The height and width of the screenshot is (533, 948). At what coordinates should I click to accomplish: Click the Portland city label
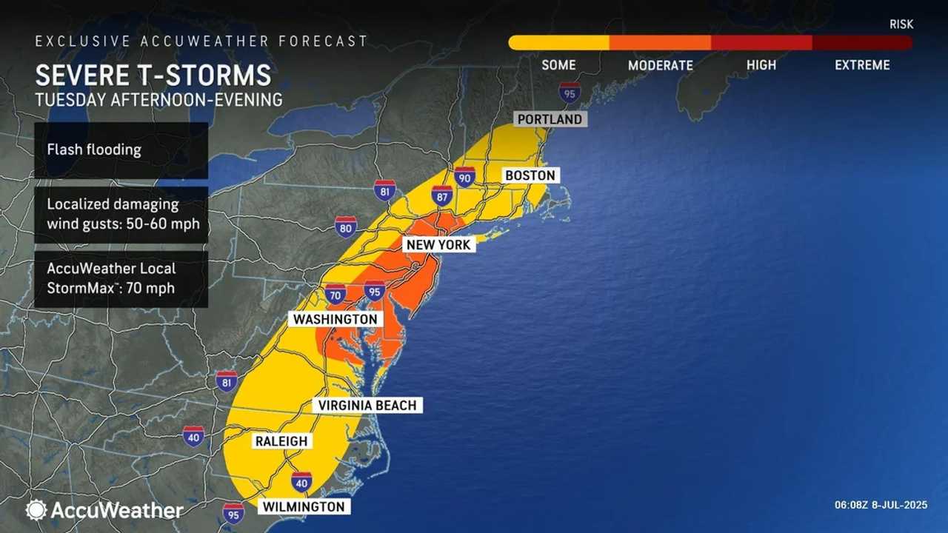tap(550, 118)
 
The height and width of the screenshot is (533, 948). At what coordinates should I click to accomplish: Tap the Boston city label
tap(530, 175)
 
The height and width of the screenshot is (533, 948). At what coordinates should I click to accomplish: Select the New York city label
tap(437, 244)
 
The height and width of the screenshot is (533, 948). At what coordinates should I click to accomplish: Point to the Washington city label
tap(335, 319)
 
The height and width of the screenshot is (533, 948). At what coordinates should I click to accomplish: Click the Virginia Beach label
tap(367, 405)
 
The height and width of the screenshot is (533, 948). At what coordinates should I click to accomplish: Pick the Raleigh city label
tap(281, 441)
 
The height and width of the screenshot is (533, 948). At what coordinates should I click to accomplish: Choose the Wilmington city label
tap(302, 507)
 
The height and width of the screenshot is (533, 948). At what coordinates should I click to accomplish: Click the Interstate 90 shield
tap(464, 177)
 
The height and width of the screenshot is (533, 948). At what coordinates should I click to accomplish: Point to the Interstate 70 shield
tap(336, 294)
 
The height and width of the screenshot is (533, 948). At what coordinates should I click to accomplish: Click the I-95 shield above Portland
tap(570, 93)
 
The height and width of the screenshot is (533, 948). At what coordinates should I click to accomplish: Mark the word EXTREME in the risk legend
tap(862, 65)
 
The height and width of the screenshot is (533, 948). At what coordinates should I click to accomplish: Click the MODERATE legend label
tap(660, 65)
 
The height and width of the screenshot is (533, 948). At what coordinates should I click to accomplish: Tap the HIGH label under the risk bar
tap(761, 65)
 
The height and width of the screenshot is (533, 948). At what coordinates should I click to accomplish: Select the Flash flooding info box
tap(121, 150)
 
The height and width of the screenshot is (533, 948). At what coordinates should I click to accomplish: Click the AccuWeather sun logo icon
tap(36, 509)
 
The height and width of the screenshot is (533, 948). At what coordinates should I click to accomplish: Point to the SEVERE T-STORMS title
tap(153, 76)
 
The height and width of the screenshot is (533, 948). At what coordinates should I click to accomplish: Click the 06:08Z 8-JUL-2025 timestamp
tap(880, 506)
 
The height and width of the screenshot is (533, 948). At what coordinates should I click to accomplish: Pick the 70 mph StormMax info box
tap(121, 278)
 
